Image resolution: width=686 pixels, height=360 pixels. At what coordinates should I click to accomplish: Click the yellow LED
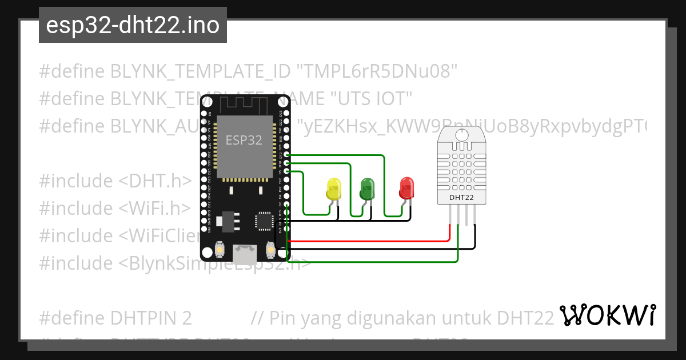pos(333,189)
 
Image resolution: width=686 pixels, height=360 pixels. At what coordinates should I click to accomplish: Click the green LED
pos(366,188)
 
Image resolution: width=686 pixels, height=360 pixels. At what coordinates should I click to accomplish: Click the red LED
pos(406,187)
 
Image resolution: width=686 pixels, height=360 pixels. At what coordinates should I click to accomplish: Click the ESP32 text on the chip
pos(244,139)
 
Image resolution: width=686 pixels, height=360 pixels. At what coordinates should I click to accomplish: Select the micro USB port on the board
pos(244,251)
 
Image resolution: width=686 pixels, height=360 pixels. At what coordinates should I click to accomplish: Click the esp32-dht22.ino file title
pos(133,26)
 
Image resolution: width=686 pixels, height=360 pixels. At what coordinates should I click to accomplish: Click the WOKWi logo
pos(607,315)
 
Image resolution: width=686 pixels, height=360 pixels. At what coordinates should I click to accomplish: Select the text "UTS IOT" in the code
pos(372,99)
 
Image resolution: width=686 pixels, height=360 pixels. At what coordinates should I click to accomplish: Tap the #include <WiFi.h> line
pos(115,208)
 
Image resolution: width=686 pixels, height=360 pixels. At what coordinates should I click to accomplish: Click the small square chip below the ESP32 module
pos(265,221)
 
